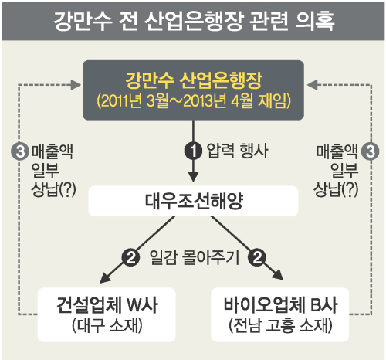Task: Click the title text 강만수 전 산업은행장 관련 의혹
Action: [195, 22]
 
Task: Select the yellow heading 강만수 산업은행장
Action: [194, 80]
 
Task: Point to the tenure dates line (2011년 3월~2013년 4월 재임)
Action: [194, 101]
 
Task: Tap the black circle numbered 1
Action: [193, 151]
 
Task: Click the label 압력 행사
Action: [237, 151]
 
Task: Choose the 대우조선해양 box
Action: [193, 201]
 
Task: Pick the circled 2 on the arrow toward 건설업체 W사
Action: [131, 257]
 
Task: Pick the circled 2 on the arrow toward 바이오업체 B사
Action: [256, 257]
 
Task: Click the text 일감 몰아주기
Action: [195, 257]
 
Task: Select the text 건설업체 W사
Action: [107, 305]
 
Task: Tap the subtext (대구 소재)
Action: [107, 326]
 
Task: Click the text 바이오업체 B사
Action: [280, 305]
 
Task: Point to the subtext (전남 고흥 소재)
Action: [280, 326]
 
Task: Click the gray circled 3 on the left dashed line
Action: [20, 151]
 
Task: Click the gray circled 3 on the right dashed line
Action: [371, 151]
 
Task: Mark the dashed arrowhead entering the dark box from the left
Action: [76, 85]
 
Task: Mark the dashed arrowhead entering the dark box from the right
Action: [312, 85]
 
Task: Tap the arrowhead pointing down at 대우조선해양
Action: [193, 177]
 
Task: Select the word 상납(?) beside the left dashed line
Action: [53, 190]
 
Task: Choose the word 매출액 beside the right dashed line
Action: [337, 151]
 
